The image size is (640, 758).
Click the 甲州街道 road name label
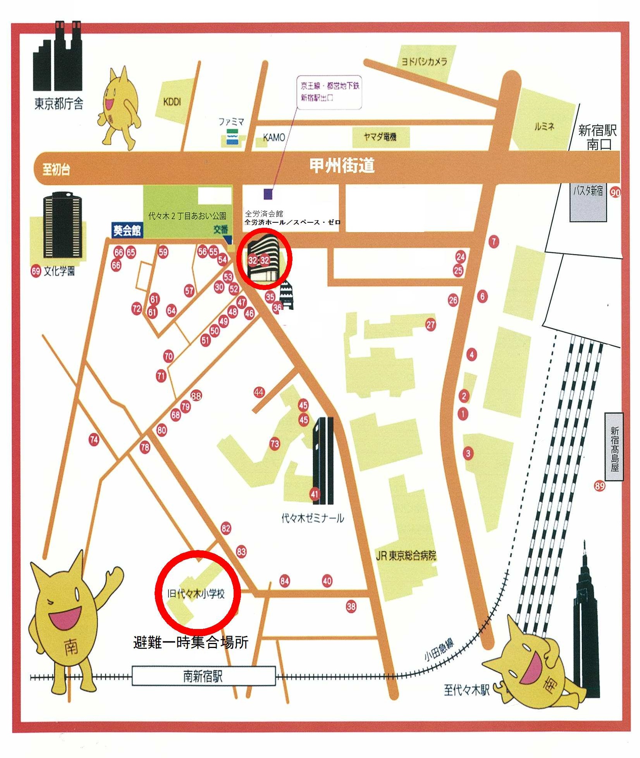click(x=342, y=165)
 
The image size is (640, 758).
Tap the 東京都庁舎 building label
click(x=58, y=104)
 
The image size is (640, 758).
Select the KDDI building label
click(x=172, y=102)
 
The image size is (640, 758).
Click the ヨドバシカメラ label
click(x=424, y=62)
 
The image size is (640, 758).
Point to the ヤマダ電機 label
click(x=380, y=137)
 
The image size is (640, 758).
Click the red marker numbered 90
click(x=615, y=192)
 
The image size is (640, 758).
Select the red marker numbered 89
click(x=599, y=486)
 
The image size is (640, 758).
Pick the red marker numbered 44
click(x=259, y=392)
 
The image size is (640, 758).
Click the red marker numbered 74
click(x=94, y=440)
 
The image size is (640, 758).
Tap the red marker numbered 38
click(x=351, y=607)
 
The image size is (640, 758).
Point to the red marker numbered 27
click(x=430, y=325)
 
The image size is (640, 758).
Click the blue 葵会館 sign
click(x=127, y=230)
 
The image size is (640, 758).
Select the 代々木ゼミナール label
click(x=312, y=518)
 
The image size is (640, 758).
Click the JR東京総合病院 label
click(x=406, y=556)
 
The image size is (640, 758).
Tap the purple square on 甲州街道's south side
click(x=268, y=194)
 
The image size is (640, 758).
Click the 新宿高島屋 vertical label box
click(x=614, y=447)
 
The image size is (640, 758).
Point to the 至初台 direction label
click(x=56, y=169)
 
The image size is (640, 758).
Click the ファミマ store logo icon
click(x=232, y=137)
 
